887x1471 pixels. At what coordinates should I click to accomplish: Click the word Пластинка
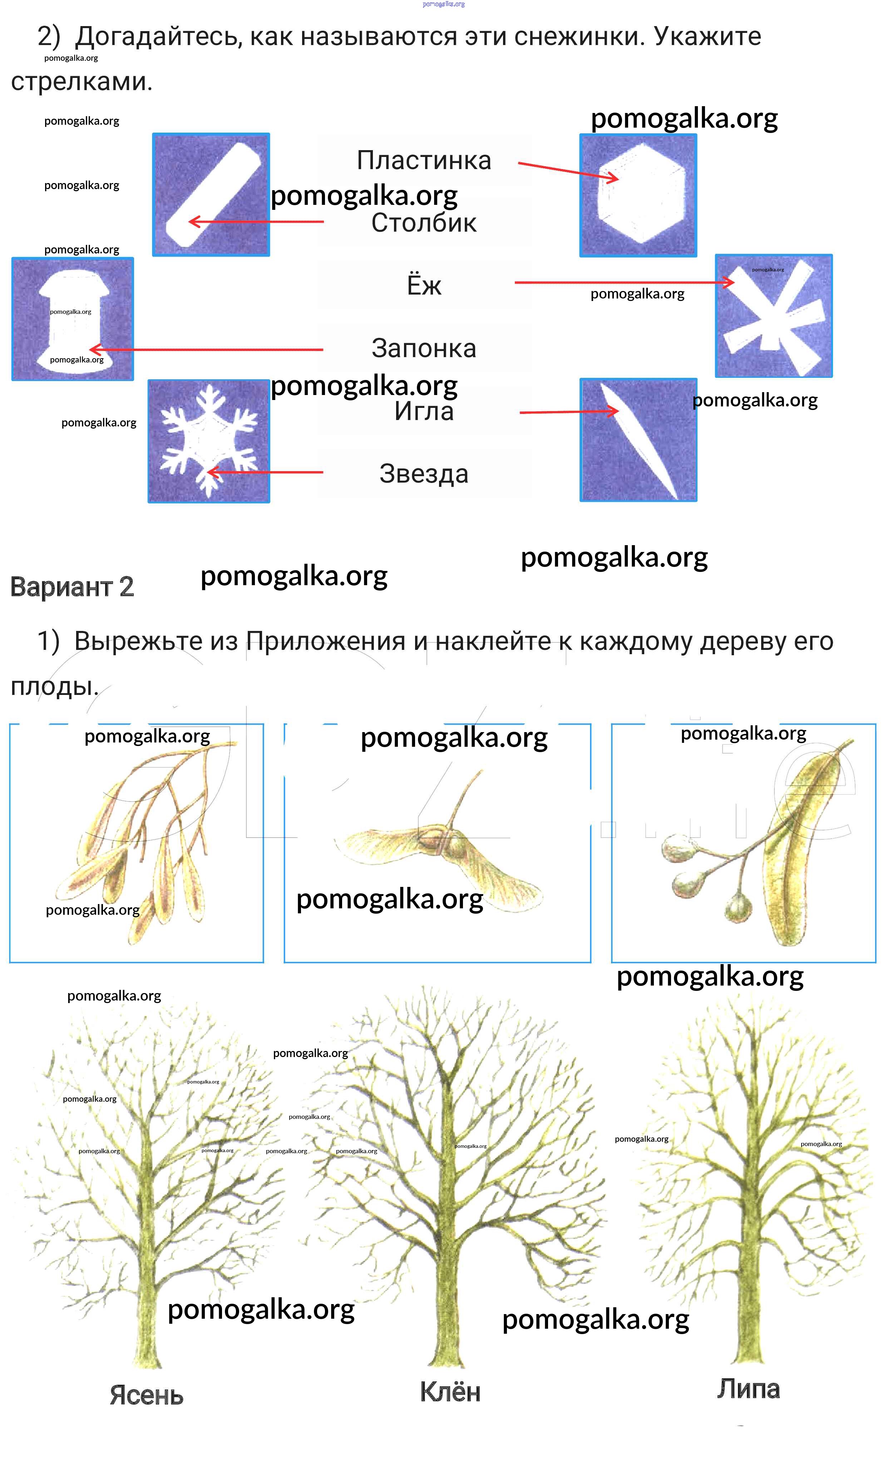coord(424,160)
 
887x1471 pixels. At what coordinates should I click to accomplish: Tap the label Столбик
coord(424,223)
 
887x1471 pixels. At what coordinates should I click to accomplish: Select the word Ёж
coord(424,285)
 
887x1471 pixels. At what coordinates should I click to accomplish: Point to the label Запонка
coord(424,348)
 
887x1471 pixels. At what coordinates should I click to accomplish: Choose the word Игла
coord(424,411)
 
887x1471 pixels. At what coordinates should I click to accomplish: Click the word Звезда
coord(424,473)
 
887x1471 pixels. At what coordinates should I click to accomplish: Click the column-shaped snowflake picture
coord(211,194)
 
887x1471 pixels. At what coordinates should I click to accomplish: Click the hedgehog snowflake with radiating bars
coord(774,316)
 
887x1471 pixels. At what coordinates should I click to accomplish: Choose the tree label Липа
coord(748,1389)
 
